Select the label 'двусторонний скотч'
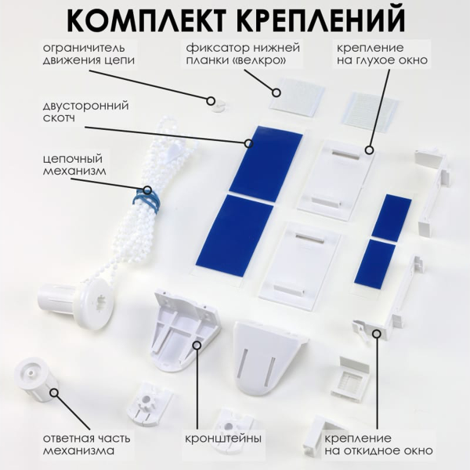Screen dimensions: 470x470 (86, 112)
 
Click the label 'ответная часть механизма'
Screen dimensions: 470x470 (87, 443)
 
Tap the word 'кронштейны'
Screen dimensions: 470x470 (223, 438)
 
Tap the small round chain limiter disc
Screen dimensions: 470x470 (213, 102)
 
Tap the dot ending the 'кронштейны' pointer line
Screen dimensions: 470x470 (197, 342)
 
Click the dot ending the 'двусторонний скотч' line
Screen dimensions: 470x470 (248, 143)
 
